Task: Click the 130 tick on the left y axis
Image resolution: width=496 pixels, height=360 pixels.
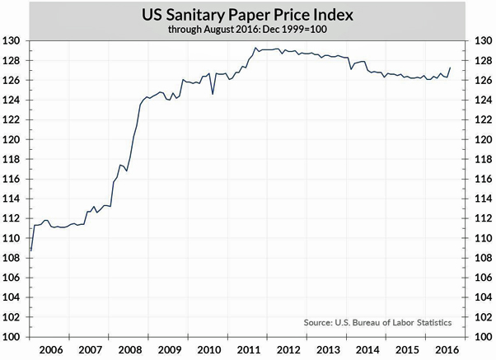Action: pos(11,41)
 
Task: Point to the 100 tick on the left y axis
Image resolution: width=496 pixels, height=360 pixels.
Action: pos(11,337)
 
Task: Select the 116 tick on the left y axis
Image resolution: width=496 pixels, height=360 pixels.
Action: pos(11,180)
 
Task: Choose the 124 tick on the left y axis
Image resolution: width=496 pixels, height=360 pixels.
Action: pos(11,101)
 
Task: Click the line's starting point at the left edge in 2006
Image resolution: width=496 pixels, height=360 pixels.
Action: pos(30,250)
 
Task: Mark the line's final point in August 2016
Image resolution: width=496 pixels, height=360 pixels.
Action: pos(452,68)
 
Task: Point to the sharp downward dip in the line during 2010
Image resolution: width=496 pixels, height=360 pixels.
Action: pos(213,94)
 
